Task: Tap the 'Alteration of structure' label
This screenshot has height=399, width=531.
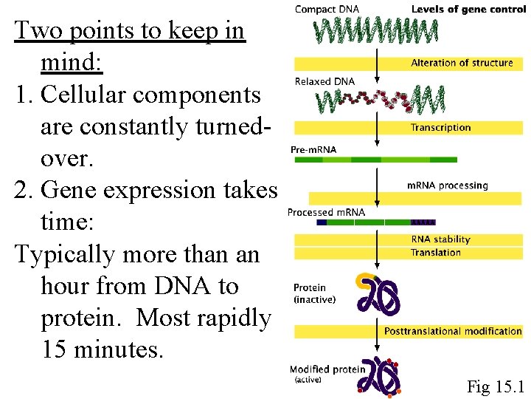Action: coord(462,64)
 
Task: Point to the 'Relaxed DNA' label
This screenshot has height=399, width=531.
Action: coord(324,81)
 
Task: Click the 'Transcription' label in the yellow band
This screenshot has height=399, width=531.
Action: coord(440,128)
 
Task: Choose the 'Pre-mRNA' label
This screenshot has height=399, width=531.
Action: coord(313,150)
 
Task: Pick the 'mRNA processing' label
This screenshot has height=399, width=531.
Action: coord(448,185)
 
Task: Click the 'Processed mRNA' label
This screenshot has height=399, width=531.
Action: coord(326,213)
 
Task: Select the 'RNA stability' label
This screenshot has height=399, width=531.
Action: coord(440,239)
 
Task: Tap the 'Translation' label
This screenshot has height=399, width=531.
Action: coord(436,253)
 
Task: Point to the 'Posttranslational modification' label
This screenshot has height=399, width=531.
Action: coord(453,332)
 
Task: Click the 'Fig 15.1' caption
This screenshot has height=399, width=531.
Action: coord(494,386)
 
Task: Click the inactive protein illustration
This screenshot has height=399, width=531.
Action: coord(379,294)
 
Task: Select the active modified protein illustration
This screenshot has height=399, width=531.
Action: coord(379,375)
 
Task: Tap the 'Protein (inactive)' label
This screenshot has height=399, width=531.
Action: coord(314,293)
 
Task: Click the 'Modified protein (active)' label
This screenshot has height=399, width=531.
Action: coord(327,374)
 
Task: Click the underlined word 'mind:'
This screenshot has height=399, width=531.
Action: coord(72,64)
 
